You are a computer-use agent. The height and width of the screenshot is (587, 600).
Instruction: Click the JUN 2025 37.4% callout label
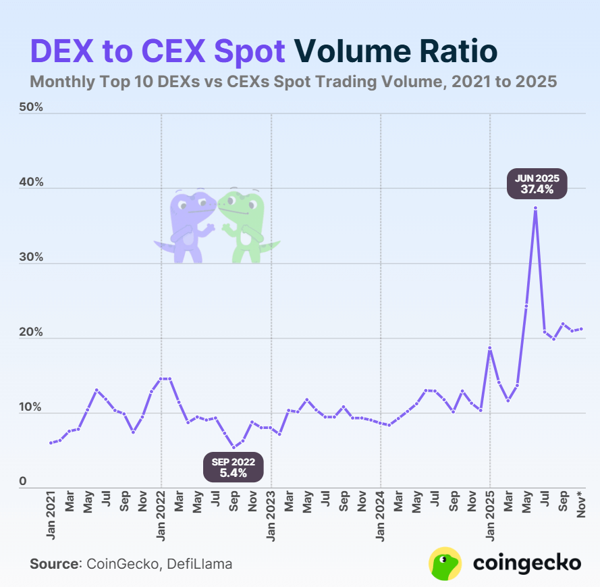(x=537, y=184)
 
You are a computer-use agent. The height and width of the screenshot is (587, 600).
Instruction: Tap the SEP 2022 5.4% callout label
(x=234, y=467)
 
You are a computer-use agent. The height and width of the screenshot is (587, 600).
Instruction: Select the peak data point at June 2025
(x=535, y=208)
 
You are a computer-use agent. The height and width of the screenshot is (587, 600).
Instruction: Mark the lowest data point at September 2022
(x=234, y=447)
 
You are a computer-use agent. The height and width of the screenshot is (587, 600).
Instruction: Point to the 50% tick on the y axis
(x=31, y=108)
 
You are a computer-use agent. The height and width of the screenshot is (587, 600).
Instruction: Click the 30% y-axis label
(x=31, y=258)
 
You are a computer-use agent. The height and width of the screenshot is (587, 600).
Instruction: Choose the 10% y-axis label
(x=31, y=408)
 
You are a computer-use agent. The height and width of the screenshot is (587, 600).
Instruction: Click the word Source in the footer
(x=53, y=563)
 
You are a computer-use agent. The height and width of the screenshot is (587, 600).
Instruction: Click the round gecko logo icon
(x=445, y=563)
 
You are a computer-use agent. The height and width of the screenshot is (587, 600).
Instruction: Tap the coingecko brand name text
(x=526, y=563)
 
